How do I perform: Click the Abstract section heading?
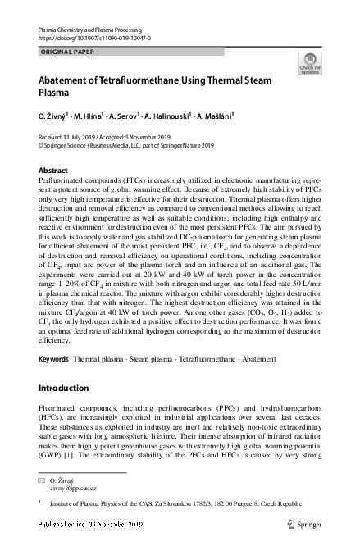pyautogui.click(x=54, y=171)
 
